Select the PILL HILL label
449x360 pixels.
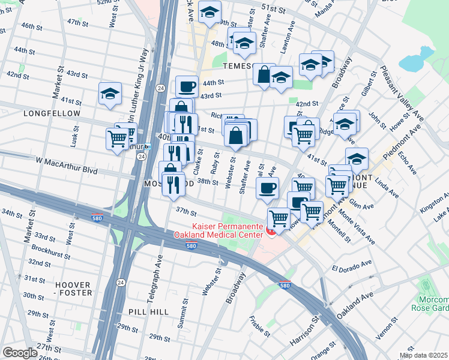[147, 312]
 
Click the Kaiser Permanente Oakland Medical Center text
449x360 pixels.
[218, 230]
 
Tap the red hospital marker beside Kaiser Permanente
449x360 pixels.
[271, 232]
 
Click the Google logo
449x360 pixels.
[20, 353]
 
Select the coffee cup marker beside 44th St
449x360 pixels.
[187, 86]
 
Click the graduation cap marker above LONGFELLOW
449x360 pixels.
[110, 93]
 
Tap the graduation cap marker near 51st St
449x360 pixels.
[210, 11]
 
